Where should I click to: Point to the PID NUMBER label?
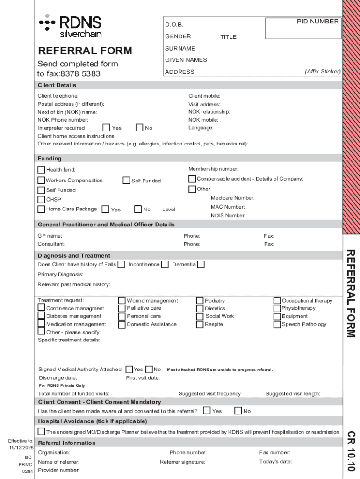pos(318,22)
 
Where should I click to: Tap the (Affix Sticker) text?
pos(323,72)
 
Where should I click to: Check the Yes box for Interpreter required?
pos(106,128)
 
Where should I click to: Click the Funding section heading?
pos(50,159)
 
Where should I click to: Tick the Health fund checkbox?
pos(42,169)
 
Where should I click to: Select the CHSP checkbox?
pos(42,200)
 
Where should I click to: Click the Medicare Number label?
pos(232,198)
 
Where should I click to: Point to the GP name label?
pos(50,236)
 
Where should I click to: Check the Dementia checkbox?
pos(201,265)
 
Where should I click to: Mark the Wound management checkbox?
pos(122,301)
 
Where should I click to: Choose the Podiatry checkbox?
pos(200,301)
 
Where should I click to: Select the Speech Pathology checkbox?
pos(277,324)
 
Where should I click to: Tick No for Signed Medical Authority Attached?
pos(150,370)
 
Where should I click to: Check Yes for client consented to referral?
pos(207,411)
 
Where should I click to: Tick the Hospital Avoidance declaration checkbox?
pos(42,431)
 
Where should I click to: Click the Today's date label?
pos(275,462)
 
